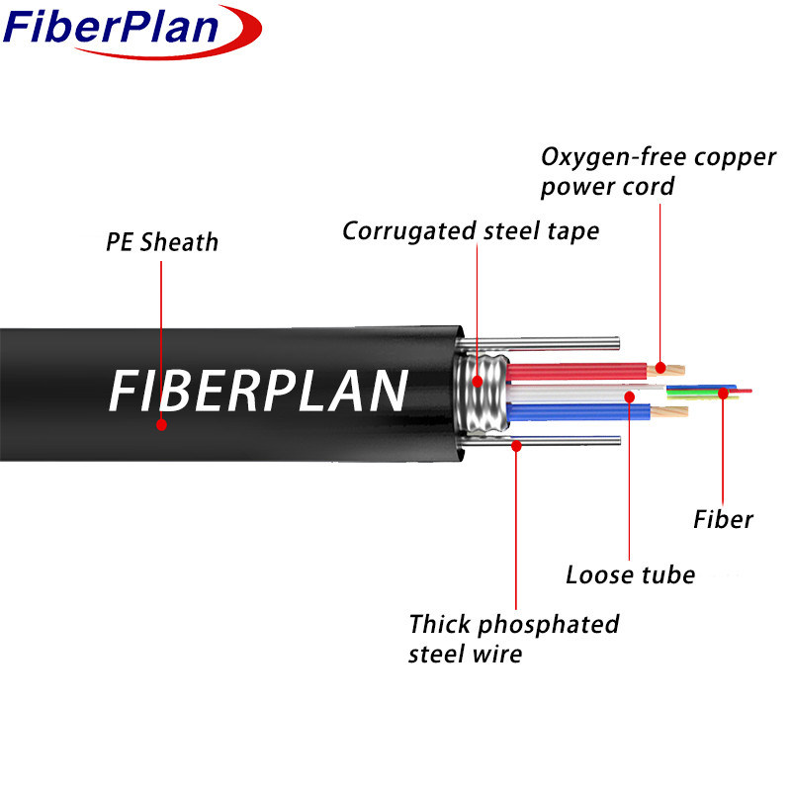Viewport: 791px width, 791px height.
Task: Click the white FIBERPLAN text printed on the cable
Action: pos(257,392)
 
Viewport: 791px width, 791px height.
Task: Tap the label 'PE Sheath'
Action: pos(162,242)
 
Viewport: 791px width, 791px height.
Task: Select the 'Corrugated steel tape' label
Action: pos(471,231)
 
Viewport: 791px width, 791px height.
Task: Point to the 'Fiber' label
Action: pos(723,519)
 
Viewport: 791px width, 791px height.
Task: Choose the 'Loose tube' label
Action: pos(630,574)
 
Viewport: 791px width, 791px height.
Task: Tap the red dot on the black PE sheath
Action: pos(161,424)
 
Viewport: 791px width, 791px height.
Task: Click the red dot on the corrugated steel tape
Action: pos(478,381)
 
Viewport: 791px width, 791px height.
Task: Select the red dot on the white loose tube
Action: pos(630,396)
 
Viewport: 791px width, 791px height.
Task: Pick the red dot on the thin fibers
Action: pos(723,394)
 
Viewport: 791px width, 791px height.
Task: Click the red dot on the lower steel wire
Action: pos(515,446)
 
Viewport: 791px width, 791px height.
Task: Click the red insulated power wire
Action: pos(573,372)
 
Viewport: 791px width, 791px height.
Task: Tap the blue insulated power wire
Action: pos(573,412)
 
